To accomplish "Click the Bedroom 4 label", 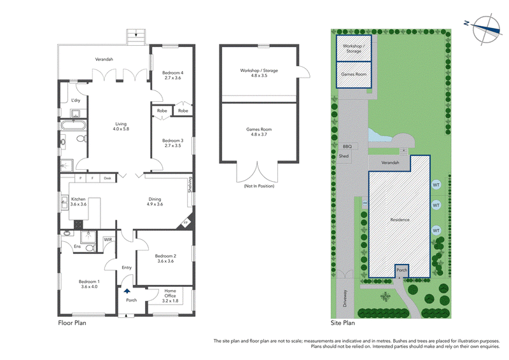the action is (172, 73).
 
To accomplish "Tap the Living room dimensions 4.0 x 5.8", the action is (121, 129).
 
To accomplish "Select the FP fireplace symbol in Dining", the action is (186, 223).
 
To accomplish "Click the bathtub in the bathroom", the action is (73, 125).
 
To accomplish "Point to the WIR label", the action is (108, 240).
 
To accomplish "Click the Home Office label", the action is (170, 293).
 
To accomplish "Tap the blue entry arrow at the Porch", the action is (127, 291).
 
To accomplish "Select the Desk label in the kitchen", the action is (108, 178).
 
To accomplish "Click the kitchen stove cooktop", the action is (78, 225).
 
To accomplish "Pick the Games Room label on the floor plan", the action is (259, 129).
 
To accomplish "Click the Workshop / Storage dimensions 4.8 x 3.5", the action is (259, 75).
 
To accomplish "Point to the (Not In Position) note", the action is (259, 186).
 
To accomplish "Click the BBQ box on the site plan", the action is (347, 146).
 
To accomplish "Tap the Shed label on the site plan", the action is (344, 156).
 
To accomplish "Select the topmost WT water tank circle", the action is (436, 185).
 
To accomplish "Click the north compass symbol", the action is (485, 29).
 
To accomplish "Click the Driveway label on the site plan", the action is (345, 298).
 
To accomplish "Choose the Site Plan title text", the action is (343, 323).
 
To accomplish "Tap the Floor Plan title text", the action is (72, 322).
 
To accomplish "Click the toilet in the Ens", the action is (90, 248).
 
